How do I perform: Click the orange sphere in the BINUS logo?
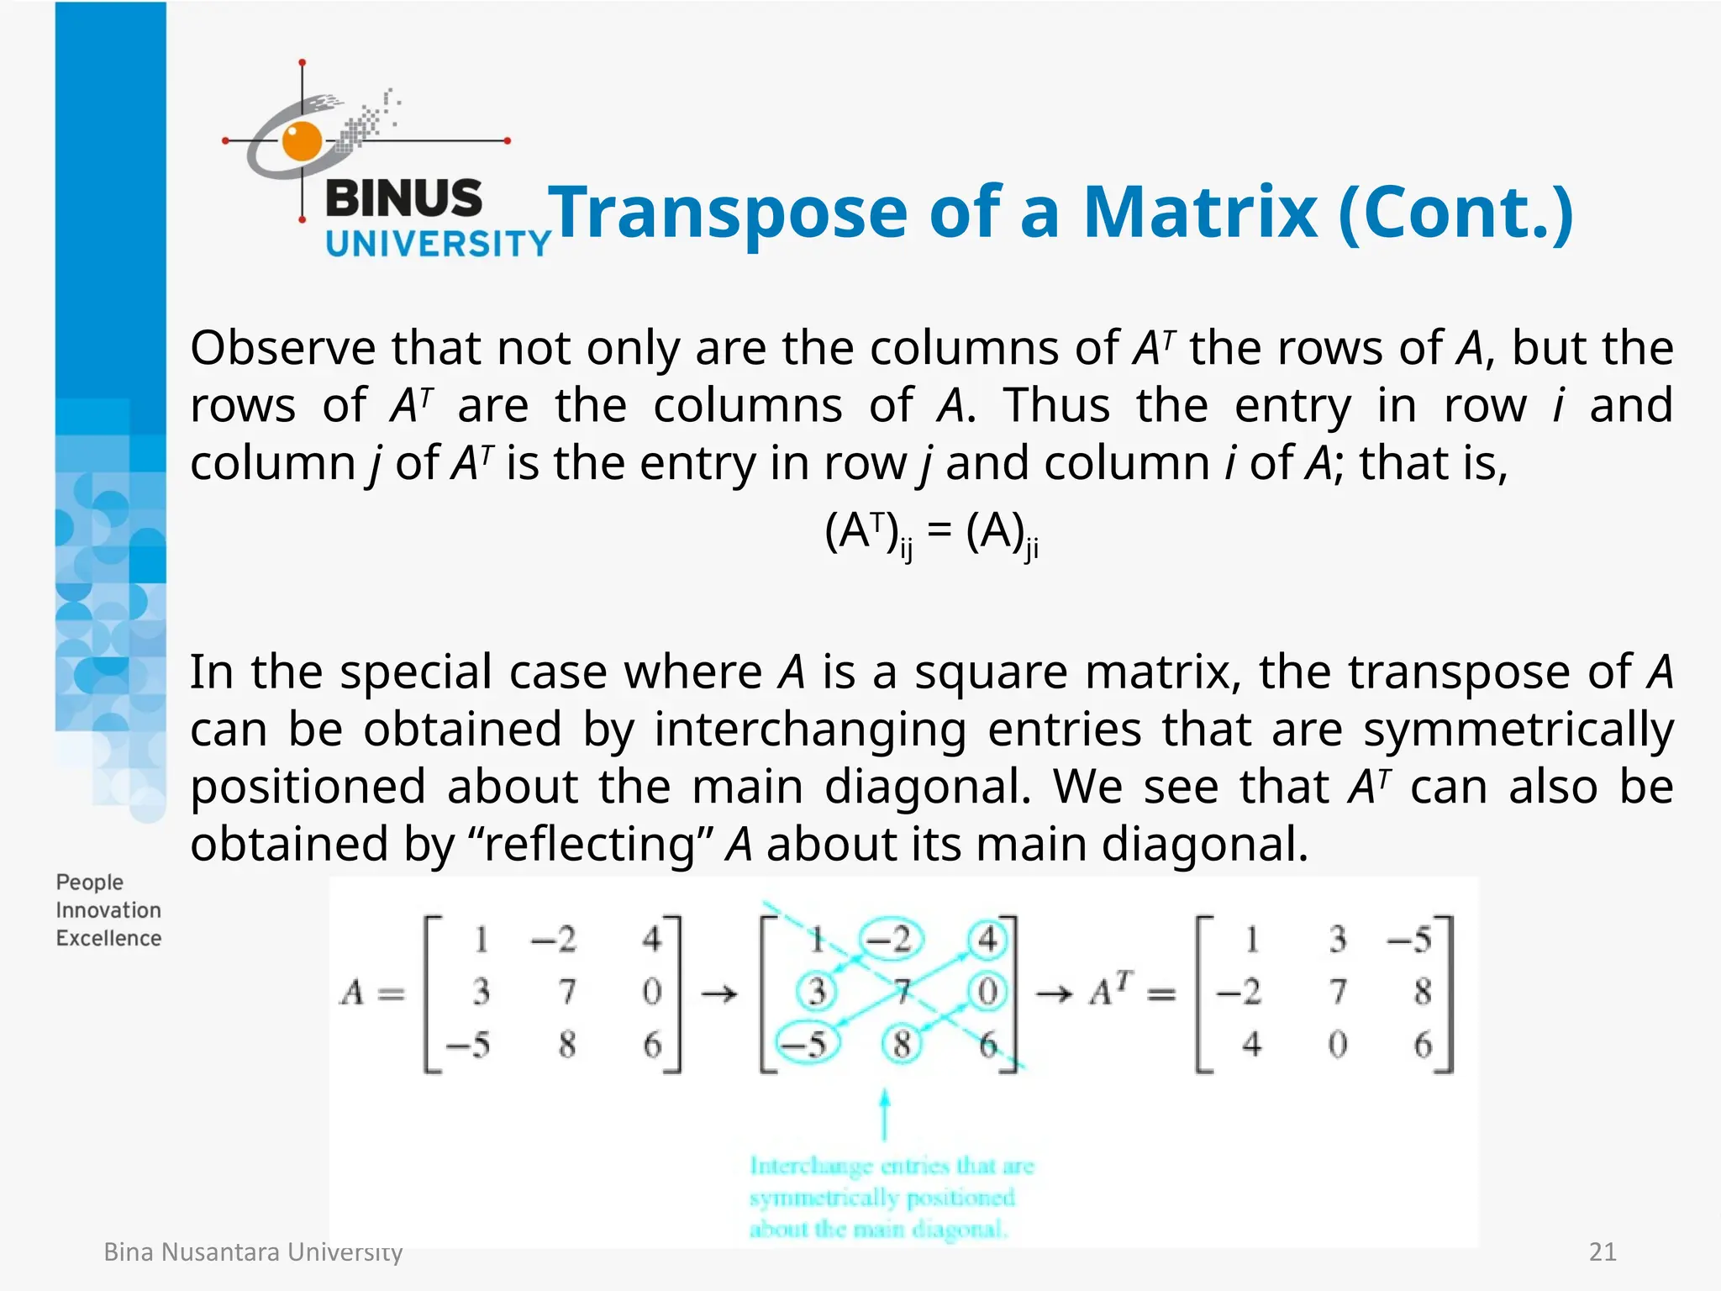(301, 140)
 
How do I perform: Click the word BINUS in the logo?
(403, 199)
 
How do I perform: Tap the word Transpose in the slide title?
(728, 213)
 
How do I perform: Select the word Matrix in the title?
(1200, 212)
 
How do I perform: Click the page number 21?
(1603, 1252)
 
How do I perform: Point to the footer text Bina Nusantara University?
(253, 1252)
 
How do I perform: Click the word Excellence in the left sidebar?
(108, 938)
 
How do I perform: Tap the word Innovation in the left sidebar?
(108, 910)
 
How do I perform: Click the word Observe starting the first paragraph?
(282, 347)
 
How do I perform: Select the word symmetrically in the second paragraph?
(1518, 730)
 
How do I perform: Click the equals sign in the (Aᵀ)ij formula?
(939, 531)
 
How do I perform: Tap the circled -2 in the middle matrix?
(889, 940)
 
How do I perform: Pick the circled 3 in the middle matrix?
(817, 992)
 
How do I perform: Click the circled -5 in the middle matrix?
(804, 1044)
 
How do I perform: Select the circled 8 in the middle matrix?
(903, 1045)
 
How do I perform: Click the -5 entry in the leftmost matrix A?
(468, 1045)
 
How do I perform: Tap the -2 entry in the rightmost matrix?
(1239, 993)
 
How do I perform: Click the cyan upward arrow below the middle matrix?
(884, 1113)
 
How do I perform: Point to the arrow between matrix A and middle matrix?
(719, 994)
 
